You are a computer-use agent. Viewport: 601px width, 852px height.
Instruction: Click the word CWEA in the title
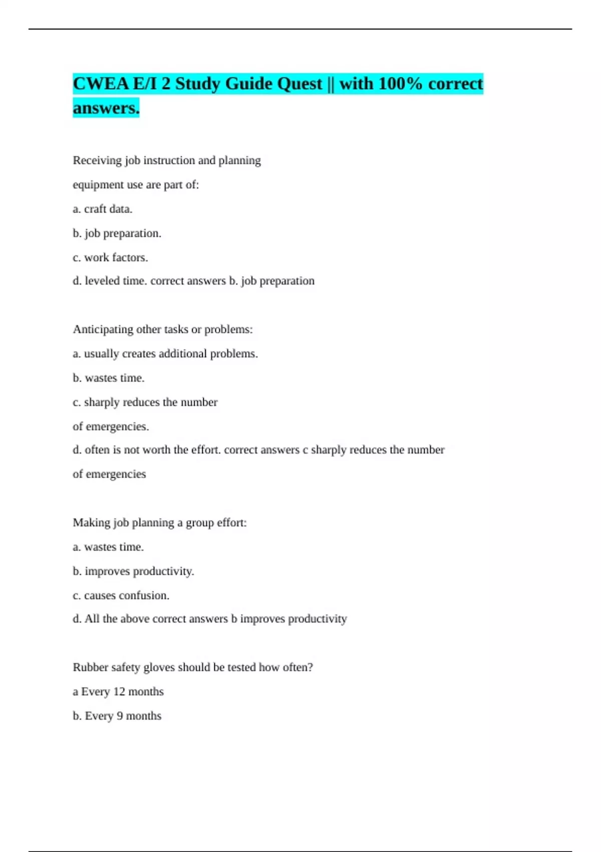point(101,84)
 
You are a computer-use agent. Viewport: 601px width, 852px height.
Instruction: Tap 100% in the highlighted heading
point(400,84)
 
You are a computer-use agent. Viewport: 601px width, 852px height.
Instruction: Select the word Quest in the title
point(298,84)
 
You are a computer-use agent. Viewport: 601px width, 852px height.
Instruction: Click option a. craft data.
point(103,209)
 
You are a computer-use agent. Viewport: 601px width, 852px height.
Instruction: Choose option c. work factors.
point(110,258)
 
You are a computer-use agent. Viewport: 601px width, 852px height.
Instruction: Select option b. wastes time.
point(109,378)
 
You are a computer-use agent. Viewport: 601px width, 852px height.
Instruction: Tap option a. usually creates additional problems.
point(165,354)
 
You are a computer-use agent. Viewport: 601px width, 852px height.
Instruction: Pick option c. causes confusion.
point(121,595)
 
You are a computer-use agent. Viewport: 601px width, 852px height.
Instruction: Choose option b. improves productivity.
point(133,571)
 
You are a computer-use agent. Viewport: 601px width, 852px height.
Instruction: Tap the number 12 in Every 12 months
point(119,692)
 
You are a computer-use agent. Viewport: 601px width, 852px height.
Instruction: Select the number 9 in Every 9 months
point(120,716)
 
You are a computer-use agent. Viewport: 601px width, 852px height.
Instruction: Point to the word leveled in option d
point(102,281)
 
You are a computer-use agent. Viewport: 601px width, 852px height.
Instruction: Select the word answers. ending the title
point(106,108)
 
